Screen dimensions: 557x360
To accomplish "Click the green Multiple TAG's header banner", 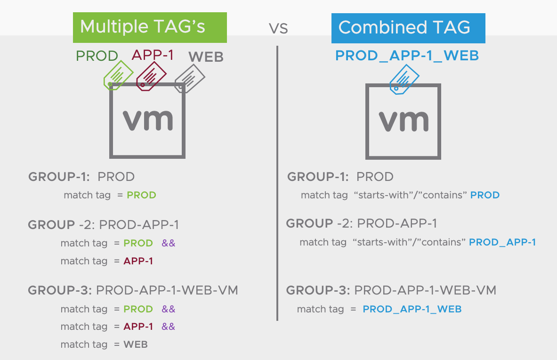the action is [150, 28].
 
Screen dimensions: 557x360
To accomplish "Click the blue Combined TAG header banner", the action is [408, 28].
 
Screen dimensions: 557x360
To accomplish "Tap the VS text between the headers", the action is [278, 28].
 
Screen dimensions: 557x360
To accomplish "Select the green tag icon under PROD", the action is [118, 75].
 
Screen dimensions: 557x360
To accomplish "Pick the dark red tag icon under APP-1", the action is [151, 76].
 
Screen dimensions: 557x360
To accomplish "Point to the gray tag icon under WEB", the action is [190, 79].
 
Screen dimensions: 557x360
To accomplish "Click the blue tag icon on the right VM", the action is [404, 80].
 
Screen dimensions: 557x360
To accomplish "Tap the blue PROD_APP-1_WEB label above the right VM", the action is [407, 56].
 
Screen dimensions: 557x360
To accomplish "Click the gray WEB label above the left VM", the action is [206, 57].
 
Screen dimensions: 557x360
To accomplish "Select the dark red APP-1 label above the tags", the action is [153, 55].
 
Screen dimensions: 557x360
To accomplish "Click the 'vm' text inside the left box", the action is [148, 120].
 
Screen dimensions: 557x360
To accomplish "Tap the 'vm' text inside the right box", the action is [404, 121].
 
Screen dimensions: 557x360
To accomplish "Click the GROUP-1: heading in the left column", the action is [59, 177].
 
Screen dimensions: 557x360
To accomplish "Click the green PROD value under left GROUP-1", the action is [141, 195].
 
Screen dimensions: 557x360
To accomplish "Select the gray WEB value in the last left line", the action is [135, 344].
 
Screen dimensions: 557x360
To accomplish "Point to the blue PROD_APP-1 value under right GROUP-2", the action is [502, 242].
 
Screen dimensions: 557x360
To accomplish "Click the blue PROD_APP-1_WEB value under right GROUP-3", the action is [412, 309].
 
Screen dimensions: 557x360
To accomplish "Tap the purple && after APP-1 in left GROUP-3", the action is [169, 327].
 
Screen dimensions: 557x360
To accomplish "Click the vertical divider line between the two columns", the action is [277, 183].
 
